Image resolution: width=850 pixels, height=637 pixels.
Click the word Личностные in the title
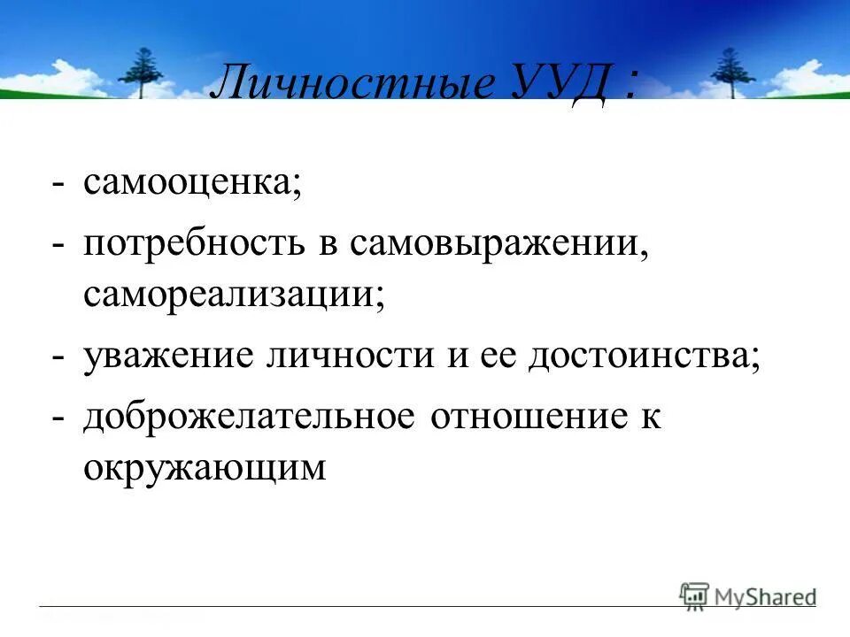coord(353,85)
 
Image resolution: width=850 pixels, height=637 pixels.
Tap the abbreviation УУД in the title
coord(561,85)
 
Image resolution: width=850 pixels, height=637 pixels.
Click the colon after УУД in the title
coord(630,85)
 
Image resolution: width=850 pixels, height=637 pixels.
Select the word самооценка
coord(193,184)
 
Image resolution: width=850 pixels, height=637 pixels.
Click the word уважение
coord(170,357)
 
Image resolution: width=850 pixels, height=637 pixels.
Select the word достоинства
coord(645,357)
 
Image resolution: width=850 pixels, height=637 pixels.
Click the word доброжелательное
coord(249,416)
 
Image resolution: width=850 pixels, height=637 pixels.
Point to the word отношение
coord(522,416)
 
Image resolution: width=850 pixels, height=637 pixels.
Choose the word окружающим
coord(205,468)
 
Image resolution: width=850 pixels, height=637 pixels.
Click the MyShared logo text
coord(765,596)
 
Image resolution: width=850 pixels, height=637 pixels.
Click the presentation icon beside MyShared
coord(694,595)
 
